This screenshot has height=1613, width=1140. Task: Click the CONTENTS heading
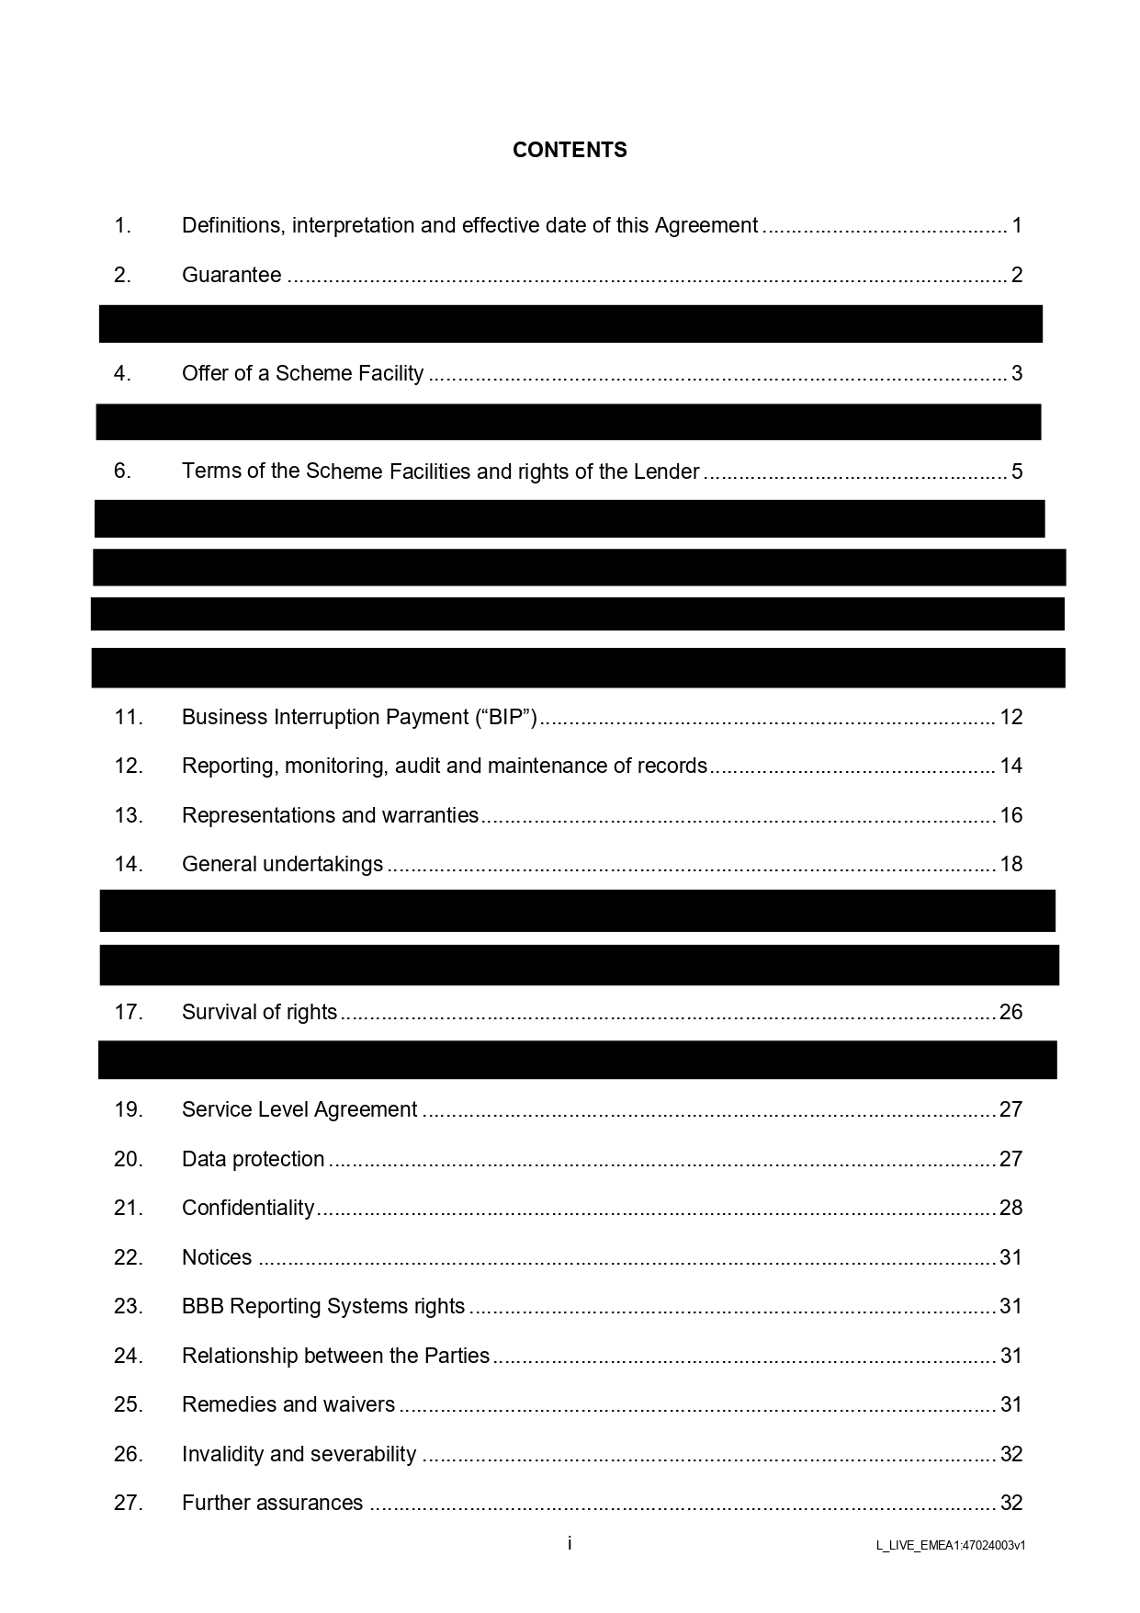[x=570, y=150]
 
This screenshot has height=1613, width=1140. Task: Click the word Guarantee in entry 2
[x=231, y=275]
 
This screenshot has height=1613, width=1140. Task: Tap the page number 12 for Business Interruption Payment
[x=1010, y=717]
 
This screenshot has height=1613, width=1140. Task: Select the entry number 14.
[x=129, y=864]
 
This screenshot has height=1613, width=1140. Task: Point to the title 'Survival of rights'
[x=260, y=1012]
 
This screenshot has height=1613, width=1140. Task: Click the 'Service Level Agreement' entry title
[x=299, y=1109]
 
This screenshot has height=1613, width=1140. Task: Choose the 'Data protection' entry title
[x=254, y=1159]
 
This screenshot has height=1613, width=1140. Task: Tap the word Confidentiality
[x=248, y=1208]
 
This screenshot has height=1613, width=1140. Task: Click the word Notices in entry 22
[x=217, y=1257]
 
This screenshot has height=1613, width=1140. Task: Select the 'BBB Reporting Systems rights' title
[x=323, y=1306]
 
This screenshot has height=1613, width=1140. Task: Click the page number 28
[x=1010, y=1208]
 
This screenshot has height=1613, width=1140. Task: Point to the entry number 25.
[x=129, y=1404]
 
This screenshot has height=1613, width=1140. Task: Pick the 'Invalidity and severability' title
[x=299, y=1454]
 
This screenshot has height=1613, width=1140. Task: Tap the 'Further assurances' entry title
[x=273, y=1503]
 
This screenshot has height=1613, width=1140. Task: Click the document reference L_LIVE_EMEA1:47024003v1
[x=951, y=1545]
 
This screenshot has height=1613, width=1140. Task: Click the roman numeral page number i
[x=570, y=1543]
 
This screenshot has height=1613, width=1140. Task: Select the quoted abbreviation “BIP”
[x=506, y=717]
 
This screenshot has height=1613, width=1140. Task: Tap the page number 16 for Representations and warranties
[x=1010, y=815]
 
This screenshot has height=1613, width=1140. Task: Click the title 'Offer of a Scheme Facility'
[x=303, y=373]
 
